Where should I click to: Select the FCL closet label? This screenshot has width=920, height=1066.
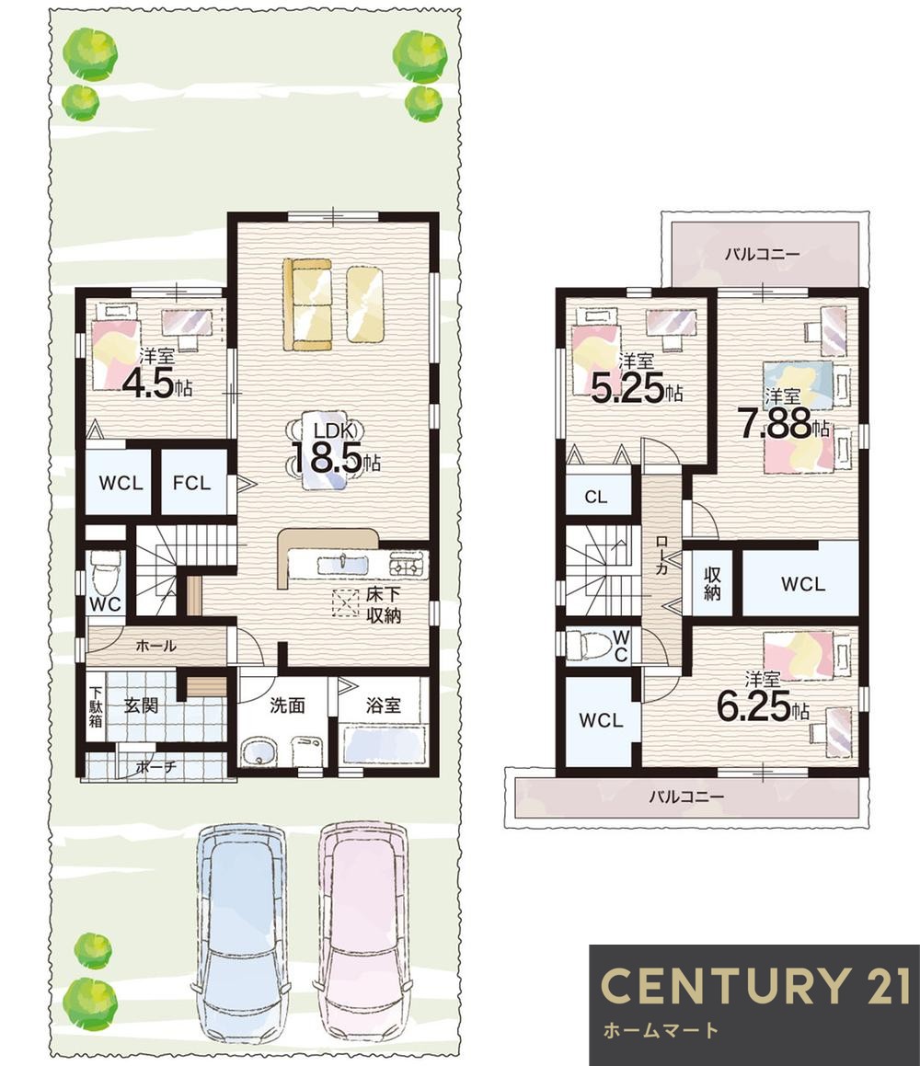[191, 484]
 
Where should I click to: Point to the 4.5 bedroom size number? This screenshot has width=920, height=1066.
[148, 385]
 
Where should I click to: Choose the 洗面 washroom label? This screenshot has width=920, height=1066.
[287, 705]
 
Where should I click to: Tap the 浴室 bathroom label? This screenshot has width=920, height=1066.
[384, 705]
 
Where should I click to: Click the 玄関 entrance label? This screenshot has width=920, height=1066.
[141, 705]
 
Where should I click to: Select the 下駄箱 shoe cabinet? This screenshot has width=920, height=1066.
[95, 707]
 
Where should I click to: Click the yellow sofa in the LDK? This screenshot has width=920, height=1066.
[307, 304]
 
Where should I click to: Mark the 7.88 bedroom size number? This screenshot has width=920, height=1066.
[776, 423]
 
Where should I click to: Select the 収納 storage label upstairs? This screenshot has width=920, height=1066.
[713, 583]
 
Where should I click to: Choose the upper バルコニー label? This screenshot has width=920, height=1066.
[763, 254]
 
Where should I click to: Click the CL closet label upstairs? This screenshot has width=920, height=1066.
[595, 497]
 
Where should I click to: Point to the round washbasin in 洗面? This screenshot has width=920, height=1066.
[259, 752]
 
